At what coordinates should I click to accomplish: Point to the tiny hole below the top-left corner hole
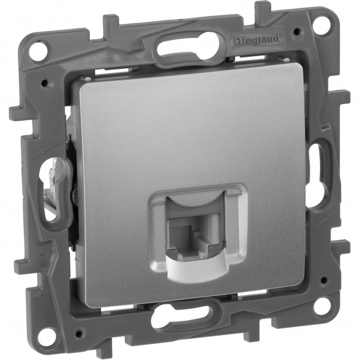pyautogui.click(x=43, y=82)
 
